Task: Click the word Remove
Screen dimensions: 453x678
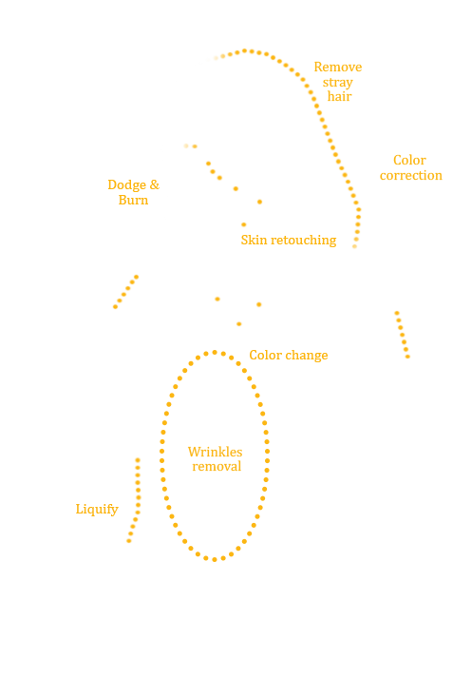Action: (338, 67)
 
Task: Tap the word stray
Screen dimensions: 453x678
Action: (338, 82)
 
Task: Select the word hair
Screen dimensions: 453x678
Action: (339, 96)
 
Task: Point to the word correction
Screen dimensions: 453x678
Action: (410, 176)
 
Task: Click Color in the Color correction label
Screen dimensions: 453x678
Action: (409, 160)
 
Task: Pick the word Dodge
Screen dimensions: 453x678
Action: (127, 185)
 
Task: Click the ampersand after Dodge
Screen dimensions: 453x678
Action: (155, 184)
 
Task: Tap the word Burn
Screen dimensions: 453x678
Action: (134, 200)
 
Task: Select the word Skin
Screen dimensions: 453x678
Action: (254, 240)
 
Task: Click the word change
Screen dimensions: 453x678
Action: (307, 355)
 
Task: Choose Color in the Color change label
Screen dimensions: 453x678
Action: (266, 355)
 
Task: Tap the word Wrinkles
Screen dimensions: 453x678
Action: (215, 452)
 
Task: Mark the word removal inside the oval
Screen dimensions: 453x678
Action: (217, 467)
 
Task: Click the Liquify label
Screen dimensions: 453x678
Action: (97, 510)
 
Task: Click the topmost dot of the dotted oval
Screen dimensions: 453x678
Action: (215, 353)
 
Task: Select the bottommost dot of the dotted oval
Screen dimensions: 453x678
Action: (215, 559)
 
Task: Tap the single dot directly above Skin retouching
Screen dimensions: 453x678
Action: (243, 224)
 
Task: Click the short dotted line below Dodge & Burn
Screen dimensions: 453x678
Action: (125, 292)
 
